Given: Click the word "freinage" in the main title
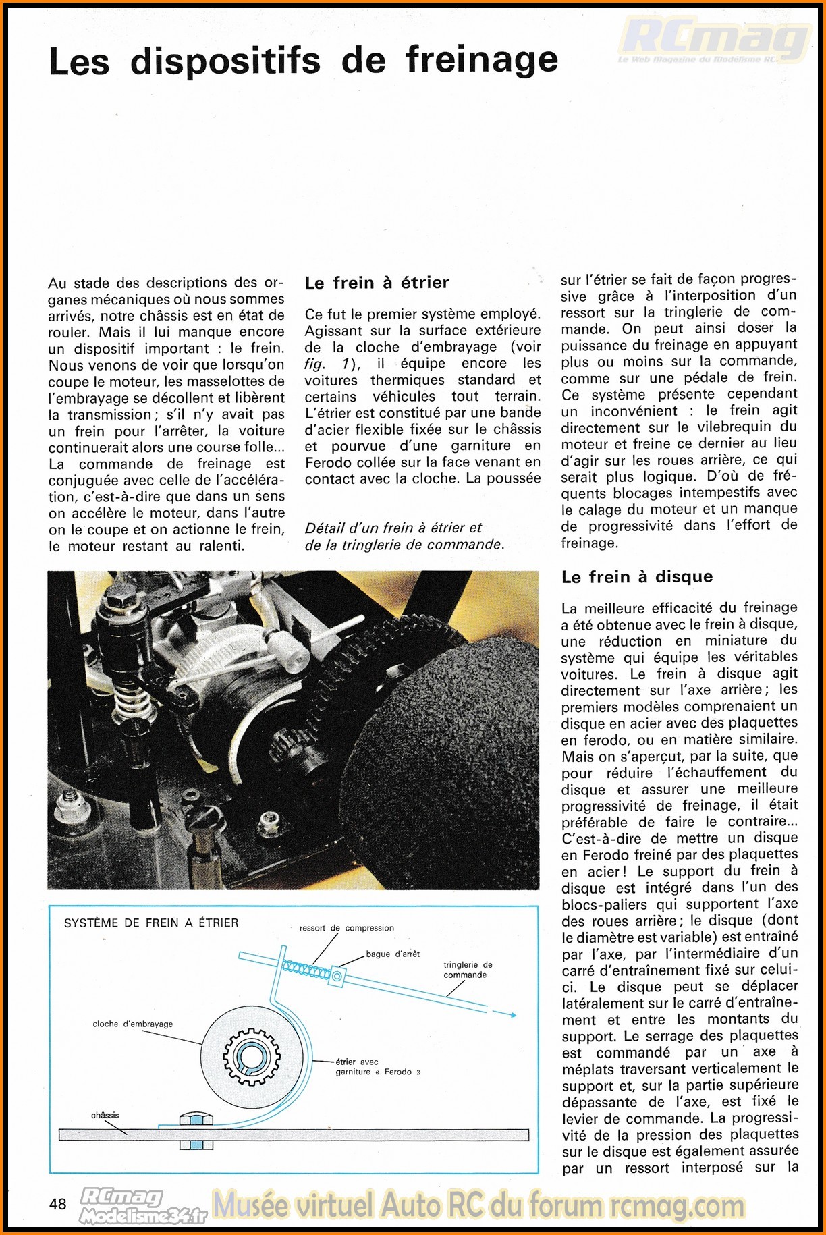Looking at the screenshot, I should tap(482, 61).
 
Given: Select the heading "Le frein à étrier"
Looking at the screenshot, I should tap(377, 283).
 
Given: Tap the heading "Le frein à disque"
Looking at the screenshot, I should tap(636, 576).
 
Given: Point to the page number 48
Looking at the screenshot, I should tap(58, 1203).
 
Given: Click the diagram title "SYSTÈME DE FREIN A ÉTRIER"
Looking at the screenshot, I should tap(151, 923).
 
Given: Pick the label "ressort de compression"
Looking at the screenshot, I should tap(346, 928).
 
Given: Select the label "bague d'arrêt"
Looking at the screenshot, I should tap(393, 954).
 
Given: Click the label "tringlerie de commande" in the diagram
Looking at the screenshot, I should tap(468, 970).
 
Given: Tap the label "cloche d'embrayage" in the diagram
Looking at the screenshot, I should tap(133, 1024).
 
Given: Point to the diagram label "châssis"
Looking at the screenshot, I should tap(105, 1115).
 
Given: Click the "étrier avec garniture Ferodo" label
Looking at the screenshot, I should tap(377, 1066).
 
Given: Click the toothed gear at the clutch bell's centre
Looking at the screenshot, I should tap(252, 1057).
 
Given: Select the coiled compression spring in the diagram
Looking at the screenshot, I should tap(305, 970).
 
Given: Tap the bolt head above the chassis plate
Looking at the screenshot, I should tap(196, 1119).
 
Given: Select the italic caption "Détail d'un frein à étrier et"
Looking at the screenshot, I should tap(393, 528).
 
